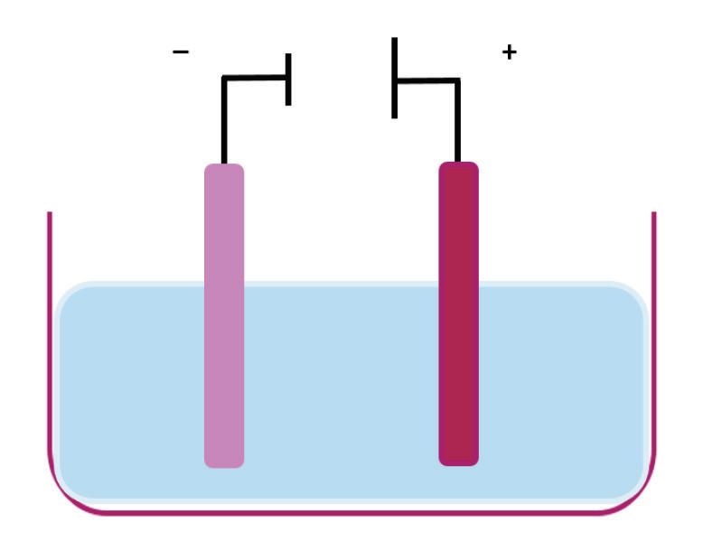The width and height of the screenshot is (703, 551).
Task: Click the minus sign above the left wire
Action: (182, 52)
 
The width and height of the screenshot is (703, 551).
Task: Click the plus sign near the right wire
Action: (510, 52)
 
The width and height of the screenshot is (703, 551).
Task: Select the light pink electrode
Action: (224, 316)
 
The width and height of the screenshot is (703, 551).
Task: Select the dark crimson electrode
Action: (458, 316)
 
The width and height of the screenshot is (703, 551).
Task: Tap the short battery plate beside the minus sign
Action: (288, 79)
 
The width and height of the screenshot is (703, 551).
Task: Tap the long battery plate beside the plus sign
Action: (395, 78)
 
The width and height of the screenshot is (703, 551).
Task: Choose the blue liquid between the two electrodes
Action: (342, 388)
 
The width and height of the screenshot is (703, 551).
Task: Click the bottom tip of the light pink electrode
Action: (224, 463)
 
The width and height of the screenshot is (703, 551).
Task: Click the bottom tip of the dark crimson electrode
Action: (458, 462)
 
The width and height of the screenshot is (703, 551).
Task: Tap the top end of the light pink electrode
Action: (224, 168)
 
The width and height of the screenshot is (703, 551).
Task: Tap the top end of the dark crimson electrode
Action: (458, 166)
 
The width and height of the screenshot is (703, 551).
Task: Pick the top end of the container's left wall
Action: (49, 215)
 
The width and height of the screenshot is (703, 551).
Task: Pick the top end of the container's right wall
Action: (653, 215)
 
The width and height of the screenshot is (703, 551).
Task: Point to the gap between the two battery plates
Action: (342, 79)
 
